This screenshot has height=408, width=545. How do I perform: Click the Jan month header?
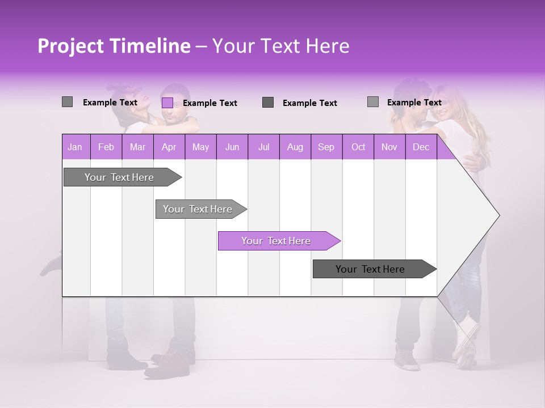click(75, 147)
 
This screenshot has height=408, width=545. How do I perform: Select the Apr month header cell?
click(169, 147)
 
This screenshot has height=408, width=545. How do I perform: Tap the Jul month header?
click(263, 147)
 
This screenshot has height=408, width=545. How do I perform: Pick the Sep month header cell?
click(326, 147)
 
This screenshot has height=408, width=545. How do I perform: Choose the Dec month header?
click(421, 147)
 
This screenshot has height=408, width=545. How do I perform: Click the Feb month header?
click(106, 147)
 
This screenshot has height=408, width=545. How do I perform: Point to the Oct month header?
click(358, 147)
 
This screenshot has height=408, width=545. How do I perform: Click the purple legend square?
click(167, 103)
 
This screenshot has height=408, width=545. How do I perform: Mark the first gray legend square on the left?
click(67, 102)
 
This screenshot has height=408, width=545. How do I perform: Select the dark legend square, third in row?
click(268, 102)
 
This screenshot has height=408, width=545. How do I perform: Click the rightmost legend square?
click(372, 102)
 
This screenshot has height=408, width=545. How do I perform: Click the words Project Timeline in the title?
click(114, 46)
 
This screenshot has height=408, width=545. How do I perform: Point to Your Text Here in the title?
click(280, 46)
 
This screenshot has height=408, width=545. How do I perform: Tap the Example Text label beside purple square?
click(209, 103)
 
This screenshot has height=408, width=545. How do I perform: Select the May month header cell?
click(200, 147)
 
